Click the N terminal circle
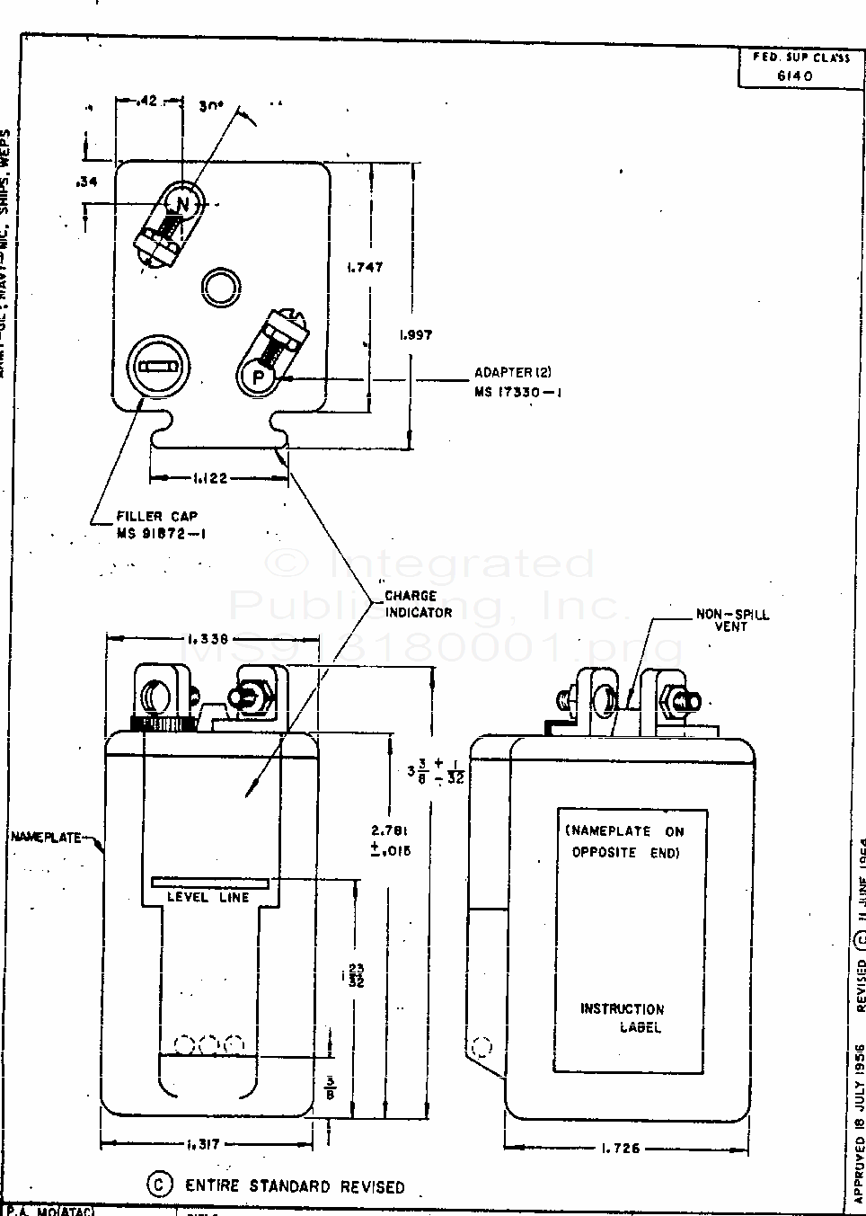point(182,205)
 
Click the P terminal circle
point(258,377)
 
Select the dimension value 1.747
point(365,267)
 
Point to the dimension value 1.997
point(415,334)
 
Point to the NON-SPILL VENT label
point(732,620)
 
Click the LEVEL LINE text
point(208,897)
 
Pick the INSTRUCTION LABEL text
point(623,1017)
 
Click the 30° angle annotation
point(211,104)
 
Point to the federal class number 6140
point(794,76)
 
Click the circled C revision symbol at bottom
point(159,1185)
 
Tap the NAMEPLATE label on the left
point(45,838)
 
